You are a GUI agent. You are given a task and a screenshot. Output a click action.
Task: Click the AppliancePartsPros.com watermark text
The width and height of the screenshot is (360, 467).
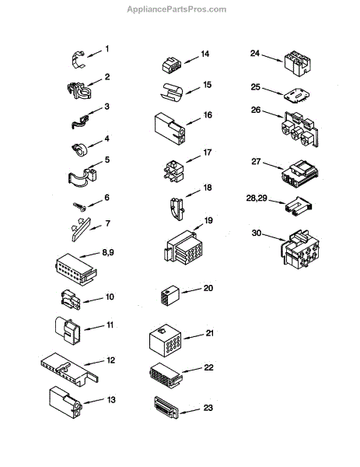tap(177, 9)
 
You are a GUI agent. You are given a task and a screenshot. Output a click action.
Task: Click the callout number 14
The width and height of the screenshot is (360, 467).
tap(205, 54)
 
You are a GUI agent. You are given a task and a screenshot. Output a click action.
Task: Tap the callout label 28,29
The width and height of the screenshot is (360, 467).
tap(257, 198)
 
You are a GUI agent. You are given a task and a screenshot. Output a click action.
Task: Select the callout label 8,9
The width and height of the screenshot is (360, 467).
tap(108, 252)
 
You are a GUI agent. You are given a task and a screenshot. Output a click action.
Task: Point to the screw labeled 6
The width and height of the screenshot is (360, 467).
tap(80, 206)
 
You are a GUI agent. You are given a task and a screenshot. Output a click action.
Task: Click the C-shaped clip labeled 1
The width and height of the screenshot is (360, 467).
tap(78, 60)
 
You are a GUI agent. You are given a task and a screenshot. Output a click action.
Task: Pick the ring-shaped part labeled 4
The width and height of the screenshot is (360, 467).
tap(80, 149)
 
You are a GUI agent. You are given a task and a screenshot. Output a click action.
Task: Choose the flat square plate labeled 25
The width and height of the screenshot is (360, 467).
tap(296, 96)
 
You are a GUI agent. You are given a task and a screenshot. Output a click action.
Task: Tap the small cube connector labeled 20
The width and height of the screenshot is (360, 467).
tap(170, 295)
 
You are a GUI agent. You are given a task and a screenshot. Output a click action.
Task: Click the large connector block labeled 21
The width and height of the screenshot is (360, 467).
tap(165, 340)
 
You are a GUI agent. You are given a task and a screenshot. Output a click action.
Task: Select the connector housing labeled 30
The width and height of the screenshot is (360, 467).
tap(299, 249)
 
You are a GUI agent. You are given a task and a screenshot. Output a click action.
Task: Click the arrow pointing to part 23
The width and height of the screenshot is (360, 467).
tap(190, 411)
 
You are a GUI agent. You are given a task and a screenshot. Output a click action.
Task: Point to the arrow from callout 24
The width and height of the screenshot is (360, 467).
tap(272, 58)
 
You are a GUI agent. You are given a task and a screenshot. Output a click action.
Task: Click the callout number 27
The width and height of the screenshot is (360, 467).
tap(256, 162)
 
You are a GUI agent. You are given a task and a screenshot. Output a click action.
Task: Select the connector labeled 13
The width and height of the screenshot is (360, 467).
tap(65, 402)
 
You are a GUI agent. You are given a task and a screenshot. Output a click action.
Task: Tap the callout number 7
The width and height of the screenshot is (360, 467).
tap(108, 223)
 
